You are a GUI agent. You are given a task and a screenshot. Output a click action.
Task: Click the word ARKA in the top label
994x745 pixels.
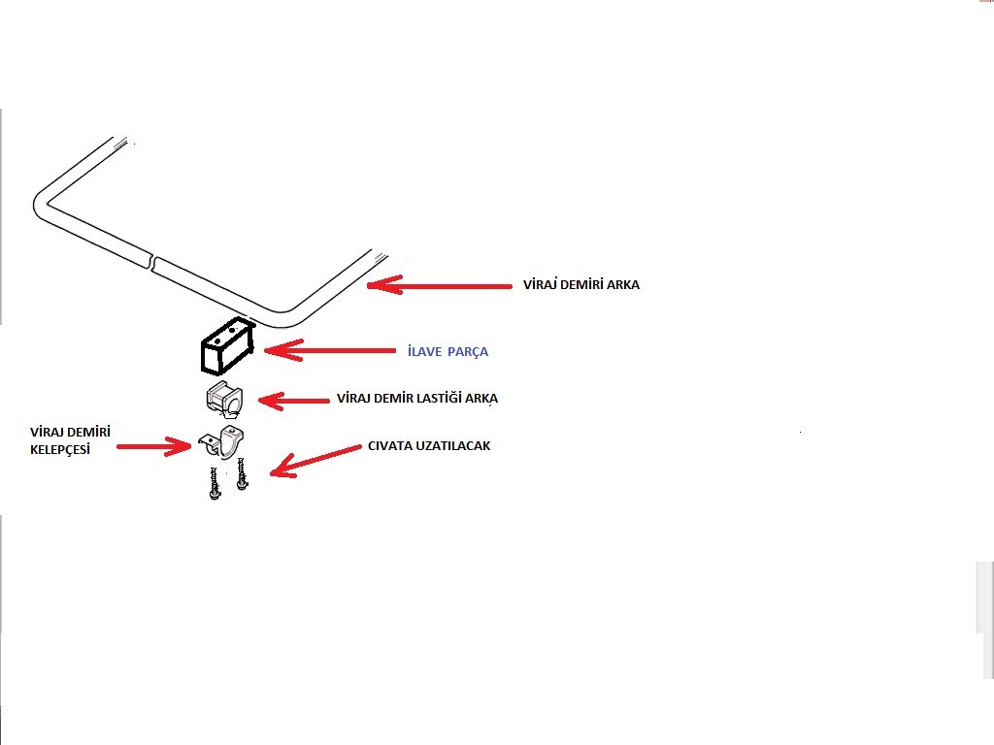click(x=622, y=285)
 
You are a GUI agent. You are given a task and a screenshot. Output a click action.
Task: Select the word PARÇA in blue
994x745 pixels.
click(x=469, y=352)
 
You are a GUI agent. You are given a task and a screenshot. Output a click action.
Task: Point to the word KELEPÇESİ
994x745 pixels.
click(x=66, y=451)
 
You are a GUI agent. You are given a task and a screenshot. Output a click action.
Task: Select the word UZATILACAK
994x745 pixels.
click(x=454, y=446)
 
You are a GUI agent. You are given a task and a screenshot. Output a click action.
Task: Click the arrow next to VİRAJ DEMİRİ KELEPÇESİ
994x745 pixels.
click(x=155, y=446)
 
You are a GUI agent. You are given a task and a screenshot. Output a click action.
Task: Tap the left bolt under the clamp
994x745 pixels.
click(x=214, y=483)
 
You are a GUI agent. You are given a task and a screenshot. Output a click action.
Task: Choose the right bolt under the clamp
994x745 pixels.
click(x=240, y=477)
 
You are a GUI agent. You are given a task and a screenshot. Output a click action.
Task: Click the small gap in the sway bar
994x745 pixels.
click(x=153, y=260)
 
